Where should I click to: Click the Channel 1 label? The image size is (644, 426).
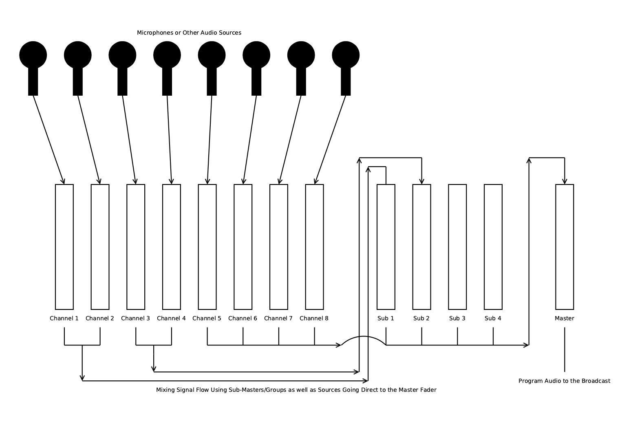(64, 318)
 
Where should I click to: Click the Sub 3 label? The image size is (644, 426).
(457, 318)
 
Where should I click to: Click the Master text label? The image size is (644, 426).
(565, 318)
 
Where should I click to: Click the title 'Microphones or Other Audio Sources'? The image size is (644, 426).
(189, 33)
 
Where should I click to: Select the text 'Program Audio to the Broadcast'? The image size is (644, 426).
(565, 381)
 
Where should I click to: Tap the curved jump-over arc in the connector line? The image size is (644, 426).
(364, 337)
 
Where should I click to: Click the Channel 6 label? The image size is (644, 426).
(243, 318)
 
